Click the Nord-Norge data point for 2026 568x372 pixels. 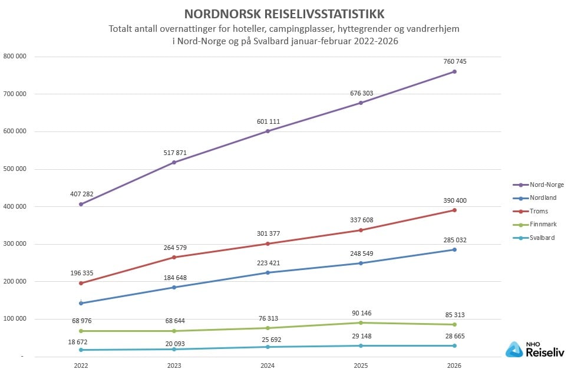(x=454, y=72)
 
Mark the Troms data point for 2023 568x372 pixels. (x=174, y=257)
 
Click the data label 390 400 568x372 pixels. (x=454, y=200)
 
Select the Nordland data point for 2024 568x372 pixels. (x=268, y=272)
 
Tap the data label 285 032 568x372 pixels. (x=454, y=240)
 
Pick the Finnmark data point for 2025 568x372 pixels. (x=361, y=322)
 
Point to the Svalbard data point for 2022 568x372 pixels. (x=81, y=350)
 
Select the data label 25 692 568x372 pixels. (x=268, y=337)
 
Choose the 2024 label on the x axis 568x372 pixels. (x=268, y=365)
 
